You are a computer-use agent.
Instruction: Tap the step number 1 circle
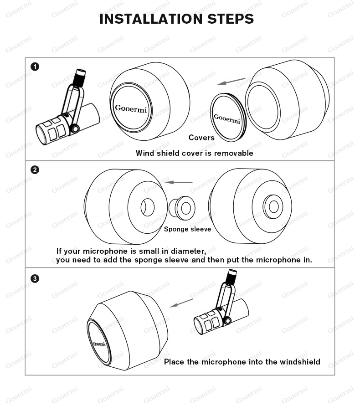point(35,67)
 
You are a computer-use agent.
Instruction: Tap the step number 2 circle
point(35,170)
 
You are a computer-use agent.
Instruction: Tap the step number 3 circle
point(35,278)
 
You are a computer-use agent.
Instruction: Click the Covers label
point(201,138)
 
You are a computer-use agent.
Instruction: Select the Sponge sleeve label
point(187,229)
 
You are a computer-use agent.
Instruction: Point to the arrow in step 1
point(231,81)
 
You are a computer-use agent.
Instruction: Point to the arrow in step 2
point(179,182)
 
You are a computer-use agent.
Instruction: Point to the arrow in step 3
point(181,303)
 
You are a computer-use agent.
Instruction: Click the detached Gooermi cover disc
point(227,117)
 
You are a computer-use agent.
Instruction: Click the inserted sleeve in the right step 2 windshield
point(273,206)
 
